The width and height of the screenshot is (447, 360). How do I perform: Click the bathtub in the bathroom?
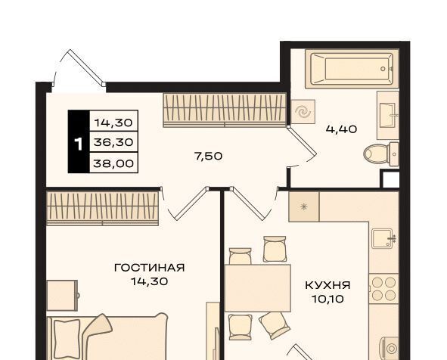pyautogui.click(x=352, y=69)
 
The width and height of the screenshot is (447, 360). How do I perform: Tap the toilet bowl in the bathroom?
pyautogui.click(x=381, y=154)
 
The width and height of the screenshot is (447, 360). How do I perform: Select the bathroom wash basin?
pyautogui.click(x=388, y=115)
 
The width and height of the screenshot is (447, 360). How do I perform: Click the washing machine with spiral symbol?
pyautogui.click(x=303, y=111)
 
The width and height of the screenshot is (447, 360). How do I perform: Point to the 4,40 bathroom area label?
pyautogui.click(x=341, y=129)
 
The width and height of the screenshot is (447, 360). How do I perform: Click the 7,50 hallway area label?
pyautogui.click(x=208, y=157)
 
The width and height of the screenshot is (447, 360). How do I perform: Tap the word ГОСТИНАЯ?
pyautogui.click(x=150, y=268)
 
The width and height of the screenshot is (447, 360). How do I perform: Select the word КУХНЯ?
pyautogui.click(x=327, y=285)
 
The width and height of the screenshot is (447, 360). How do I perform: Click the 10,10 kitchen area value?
pyautogui.click(x=327, y=299)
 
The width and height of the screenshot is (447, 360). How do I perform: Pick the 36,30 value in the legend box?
pyautogui.click(x=113, y=142)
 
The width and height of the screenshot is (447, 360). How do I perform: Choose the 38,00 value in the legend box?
pyautogui.click(x=113, y=163)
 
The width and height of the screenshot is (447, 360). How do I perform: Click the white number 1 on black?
pyautogui.click(x=78, y=144)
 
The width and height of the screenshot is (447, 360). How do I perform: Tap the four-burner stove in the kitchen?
pyautogui.click(x=383, y=288)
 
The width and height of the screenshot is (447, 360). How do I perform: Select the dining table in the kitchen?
pyautogui.click(x=258, y=288)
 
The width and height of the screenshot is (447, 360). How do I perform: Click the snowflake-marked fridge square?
pyautogui.click(x=304, y=206)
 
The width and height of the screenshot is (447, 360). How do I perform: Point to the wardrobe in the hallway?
pyautogui.click(x=225, y=110)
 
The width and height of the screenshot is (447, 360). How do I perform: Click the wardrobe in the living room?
pyautogui.click(x=102, y=208)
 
